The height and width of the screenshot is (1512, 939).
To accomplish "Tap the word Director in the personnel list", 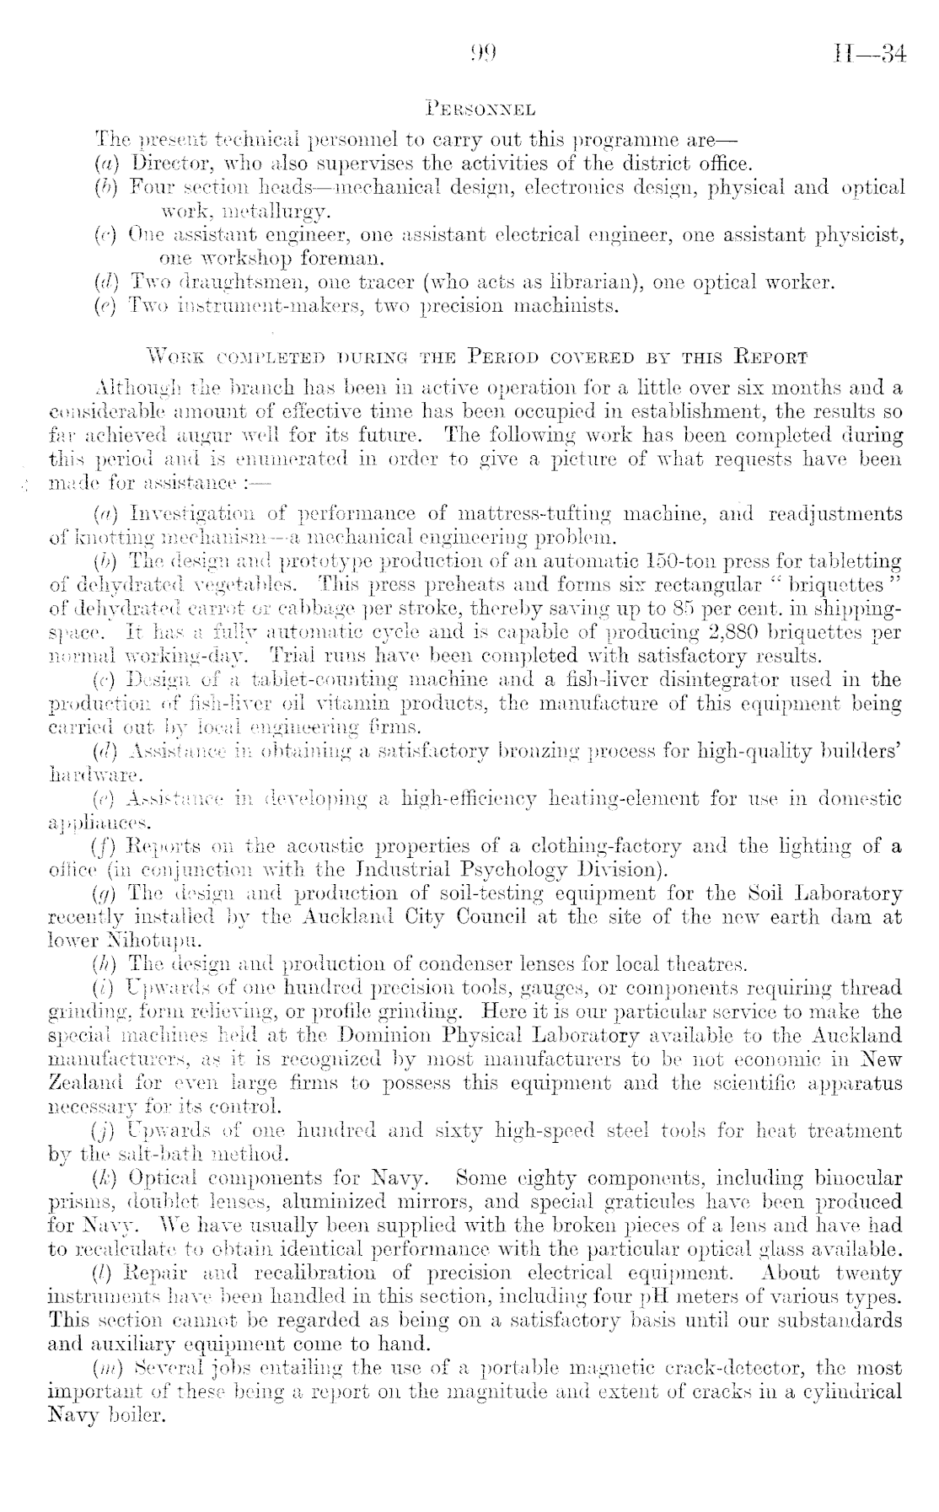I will point(164,162).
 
